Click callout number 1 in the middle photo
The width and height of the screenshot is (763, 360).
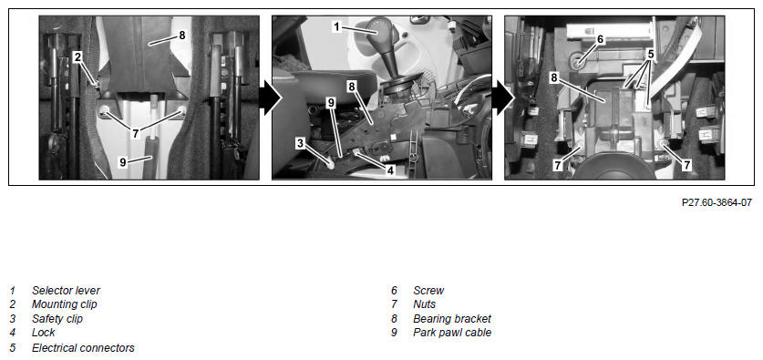tap(336, 26)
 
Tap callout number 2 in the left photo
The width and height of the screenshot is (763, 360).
tap(77, 57)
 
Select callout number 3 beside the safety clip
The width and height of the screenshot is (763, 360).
tap(300, 143)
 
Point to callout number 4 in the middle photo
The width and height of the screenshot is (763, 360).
tap(390, 170)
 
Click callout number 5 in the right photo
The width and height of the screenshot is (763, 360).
tap(651, 54)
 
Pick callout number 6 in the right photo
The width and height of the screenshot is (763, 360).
tap(600, 39)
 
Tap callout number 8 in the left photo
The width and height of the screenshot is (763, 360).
tap(182, 35)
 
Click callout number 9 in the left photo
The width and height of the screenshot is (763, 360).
tap(123, 162)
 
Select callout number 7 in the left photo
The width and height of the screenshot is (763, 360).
tap(135, 133)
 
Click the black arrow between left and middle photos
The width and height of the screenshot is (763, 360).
tap(270, 98)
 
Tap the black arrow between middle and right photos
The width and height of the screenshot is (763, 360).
tap(503, 98)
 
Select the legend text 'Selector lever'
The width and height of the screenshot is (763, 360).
tap(67, 291)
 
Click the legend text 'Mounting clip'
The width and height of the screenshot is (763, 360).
tap(65, 304)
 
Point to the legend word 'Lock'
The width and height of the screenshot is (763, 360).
tap(44, 333)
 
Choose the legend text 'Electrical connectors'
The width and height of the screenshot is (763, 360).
tap(83, 348)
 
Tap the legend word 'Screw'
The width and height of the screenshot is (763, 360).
tap(428, 291)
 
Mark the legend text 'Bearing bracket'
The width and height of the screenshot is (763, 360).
tap(452, 319)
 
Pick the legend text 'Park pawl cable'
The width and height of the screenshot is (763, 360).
tap(452, 333)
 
